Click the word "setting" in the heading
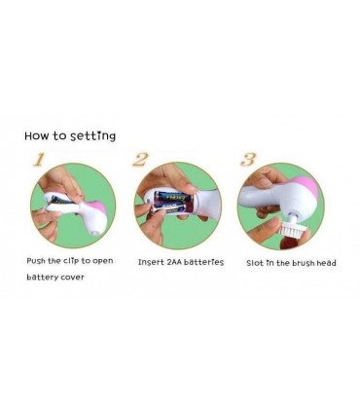click(93, 135)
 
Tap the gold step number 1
click(39, 160)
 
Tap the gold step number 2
click(140, 159)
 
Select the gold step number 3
click(248, 159)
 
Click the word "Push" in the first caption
click(36, 261)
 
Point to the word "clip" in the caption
click(71, 261)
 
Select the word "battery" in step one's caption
click(42, 278)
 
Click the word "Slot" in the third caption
click(255, 263)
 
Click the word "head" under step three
click(326, 263)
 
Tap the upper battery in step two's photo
click(172, 197)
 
